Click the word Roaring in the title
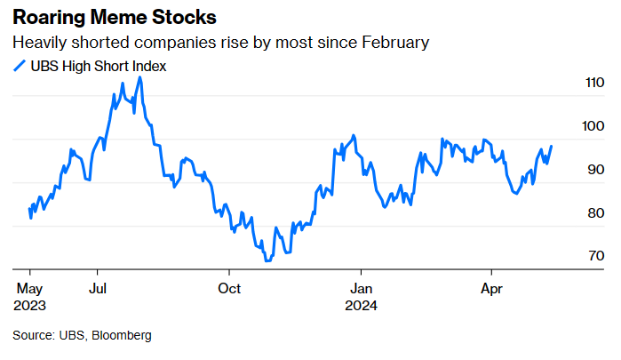pos(46,18)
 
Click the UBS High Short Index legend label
pos(99,65)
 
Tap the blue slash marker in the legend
pos(20,65)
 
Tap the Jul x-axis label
pos(100,289)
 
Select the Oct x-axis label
pos(230,289)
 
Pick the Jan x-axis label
pos(361,289)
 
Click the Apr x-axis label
pos(491,289)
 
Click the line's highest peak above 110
pos(139,77)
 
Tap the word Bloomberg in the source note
pos(121,336)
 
